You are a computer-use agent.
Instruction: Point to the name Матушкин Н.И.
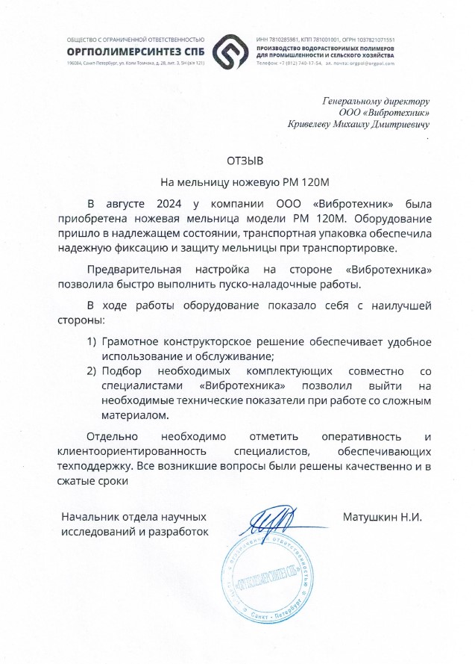click(x=383, y=516)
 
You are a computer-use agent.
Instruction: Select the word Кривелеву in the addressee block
click(x=312, y=125)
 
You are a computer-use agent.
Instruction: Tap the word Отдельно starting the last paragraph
click(x=113, y=437)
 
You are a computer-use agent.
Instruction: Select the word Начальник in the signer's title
click(x=90, y=516)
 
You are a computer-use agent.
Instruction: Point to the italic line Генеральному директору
click(x=376, y=100)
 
